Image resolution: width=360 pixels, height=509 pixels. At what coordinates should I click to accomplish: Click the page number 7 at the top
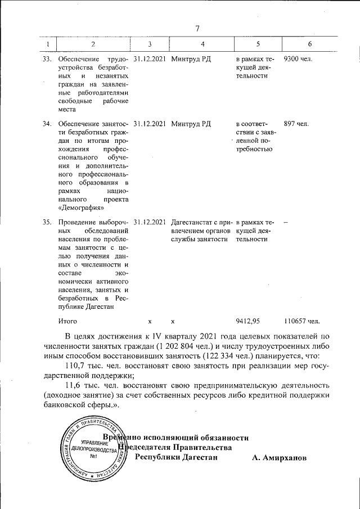click(x=197, y=29)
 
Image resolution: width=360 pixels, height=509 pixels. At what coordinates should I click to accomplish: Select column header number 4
click(x=202, y=44)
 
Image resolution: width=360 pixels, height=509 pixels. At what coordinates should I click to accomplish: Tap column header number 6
click(x=310, y=44)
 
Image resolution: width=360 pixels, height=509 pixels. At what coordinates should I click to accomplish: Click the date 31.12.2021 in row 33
click(x=150, y=58)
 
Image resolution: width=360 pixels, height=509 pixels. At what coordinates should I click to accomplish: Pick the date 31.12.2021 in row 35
click(x=150, y=222)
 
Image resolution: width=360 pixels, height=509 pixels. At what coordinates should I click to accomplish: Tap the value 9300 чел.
click(x=299, y=58)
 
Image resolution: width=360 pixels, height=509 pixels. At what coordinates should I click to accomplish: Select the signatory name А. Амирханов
click(x=280, y=458)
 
